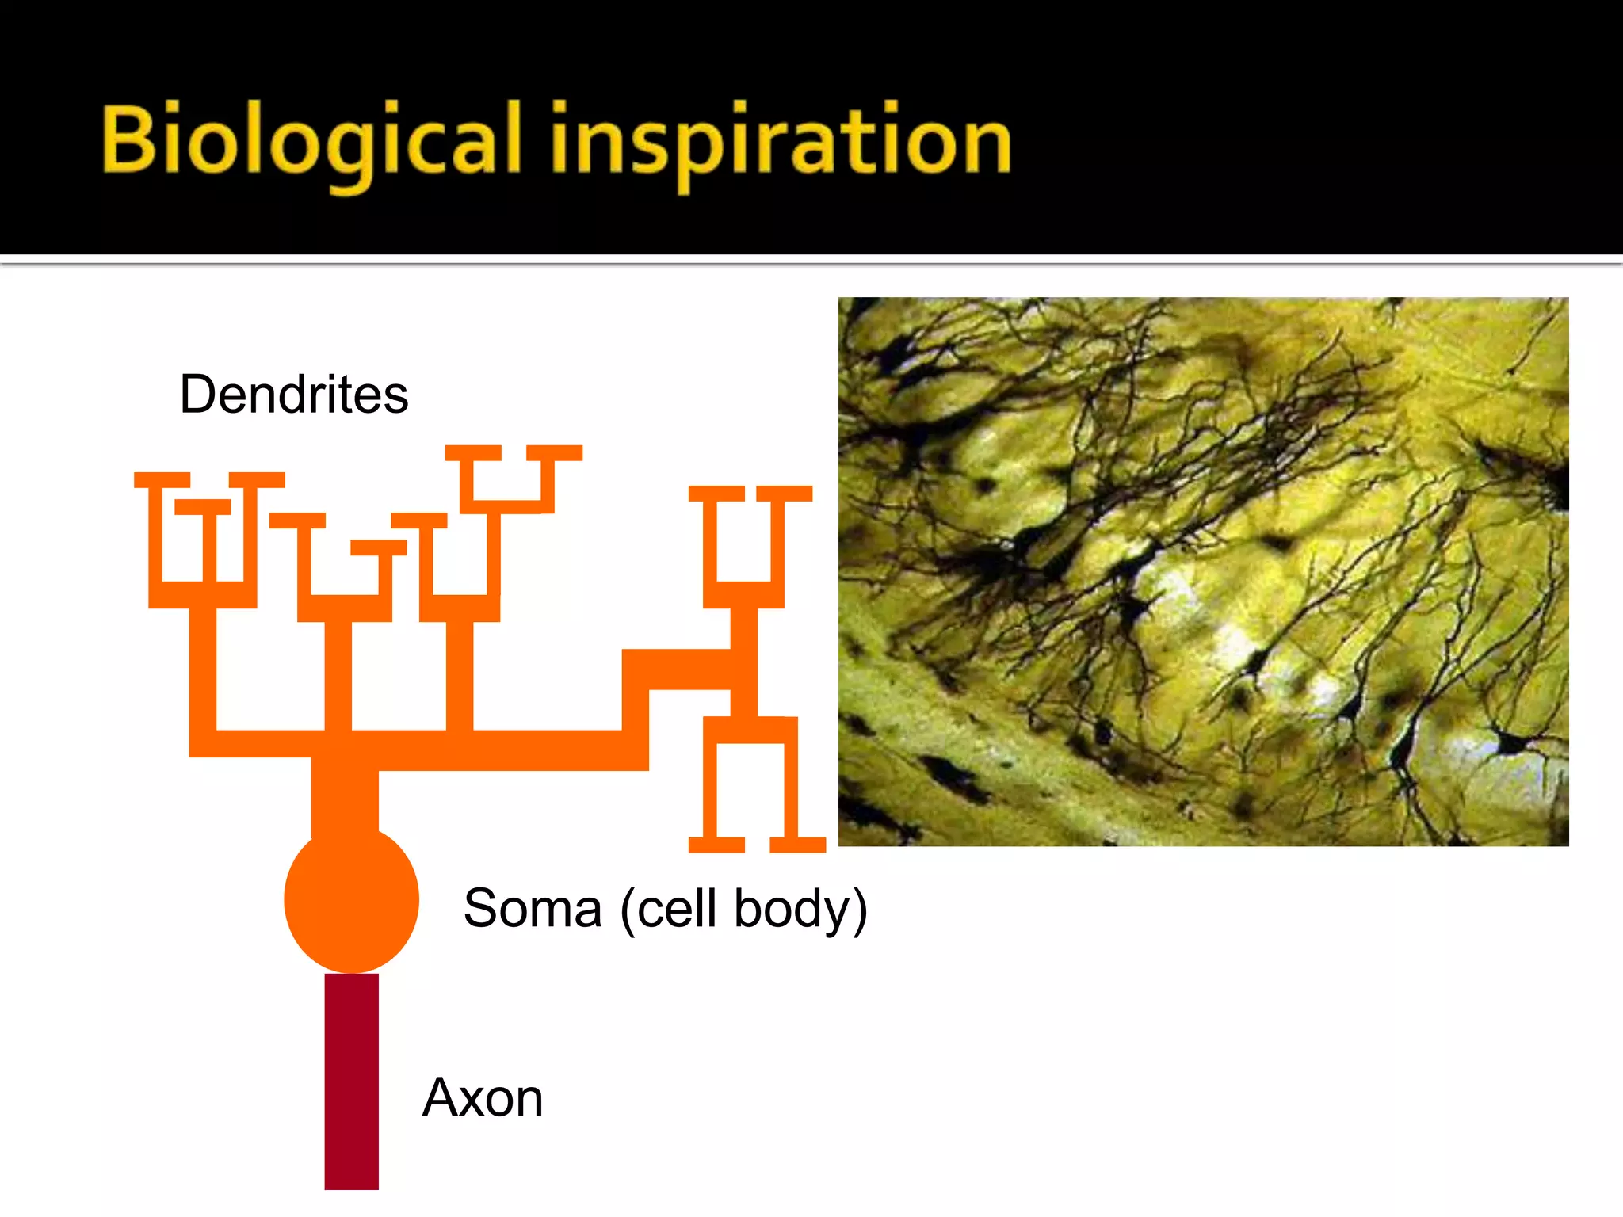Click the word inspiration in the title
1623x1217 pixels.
(x=781, y=143)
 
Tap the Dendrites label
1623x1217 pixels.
(x=294, y=394)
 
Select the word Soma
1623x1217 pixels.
(x=533, y=908)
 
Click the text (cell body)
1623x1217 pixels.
(x=744, y=910)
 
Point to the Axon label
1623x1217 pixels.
(x=483, y=1098)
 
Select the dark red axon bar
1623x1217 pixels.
(x=351, y=1082)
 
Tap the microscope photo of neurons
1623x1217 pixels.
(x=1203, y=571)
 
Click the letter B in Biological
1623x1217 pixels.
(x=127, y=139)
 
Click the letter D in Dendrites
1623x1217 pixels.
(x=199, y=394)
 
